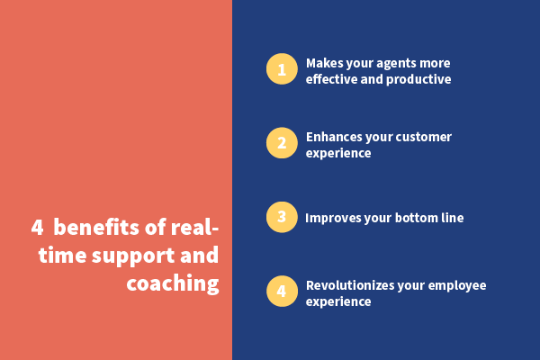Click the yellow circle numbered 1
[x=282, y=69]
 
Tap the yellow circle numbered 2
[x=282, y=143]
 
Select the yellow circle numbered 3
[x=282, y=217]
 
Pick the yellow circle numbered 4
[x=282, y=291]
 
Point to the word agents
[x=398, y=64]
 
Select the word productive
[x=418, y=79]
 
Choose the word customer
[x=424, y=137]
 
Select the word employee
[x=457, y=286]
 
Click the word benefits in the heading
[x=96, y=228]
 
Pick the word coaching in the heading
[x=173, y=284]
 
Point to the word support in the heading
[x=133, y=256]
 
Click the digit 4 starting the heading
[x=37, y=228]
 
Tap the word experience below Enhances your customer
[x=338, y=154]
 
